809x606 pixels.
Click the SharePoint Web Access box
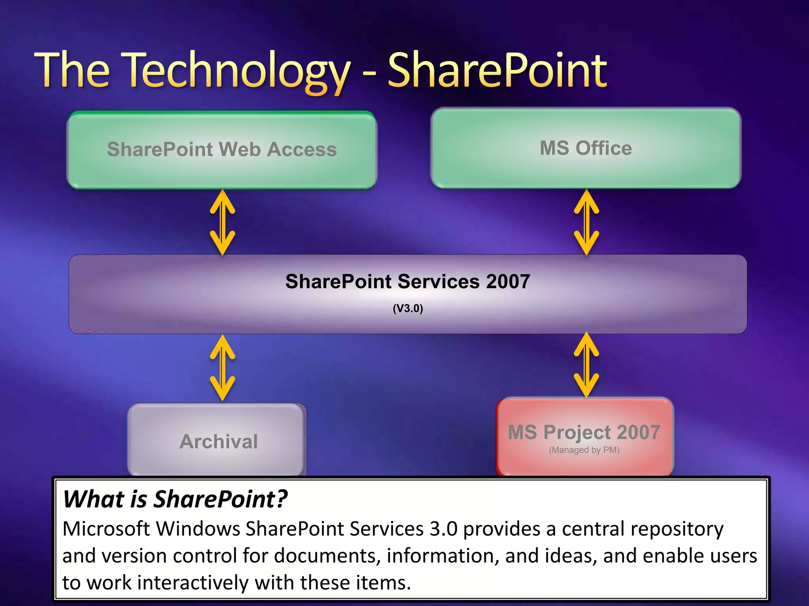222,150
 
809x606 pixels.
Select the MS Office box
586,148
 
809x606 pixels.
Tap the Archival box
218,441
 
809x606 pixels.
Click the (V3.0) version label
408,308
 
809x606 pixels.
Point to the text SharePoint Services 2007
408,282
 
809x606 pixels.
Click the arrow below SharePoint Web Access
222,222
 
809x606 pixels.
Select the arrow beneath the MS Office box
586,222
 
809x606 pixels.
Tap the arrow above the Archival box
222,368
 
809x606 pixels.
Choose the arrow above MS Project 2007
586,365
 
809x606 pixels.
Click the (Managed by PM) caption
584,450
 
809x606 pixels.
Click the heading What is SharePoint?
175,499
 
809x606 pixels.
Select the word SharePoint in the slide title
497,71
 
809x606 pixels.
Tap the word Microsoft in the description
106,529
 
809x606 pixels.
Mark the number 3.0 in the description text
443,529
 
